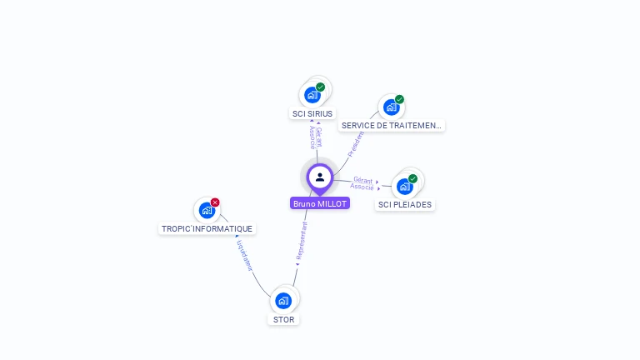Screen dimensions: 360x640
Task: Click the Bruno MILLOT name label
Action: coord(320,203)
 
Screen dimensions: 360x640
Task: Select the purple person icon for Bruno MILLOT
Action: coord(320,177)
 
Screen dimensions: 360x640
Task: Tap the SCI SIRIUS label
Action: coord(312,113)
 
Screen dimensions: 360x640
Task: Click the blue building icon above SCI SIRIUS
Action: coord(312,95)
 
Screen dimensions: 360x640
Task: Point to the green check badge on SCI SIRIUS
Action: coord(321,87)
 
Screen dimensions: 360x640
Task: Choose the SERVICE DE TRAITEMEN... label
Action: coord(391,125)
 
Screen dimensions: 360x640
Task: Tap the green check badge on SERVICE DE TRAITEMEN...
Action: coord(399,99)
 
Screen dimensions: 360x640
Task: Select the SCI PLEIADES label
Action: coord(406,204)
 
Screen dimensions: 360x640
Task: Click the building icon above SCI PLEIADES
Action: coord(405,187)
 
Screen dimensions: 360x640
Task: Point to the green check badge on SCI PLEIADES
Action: coord(412,178)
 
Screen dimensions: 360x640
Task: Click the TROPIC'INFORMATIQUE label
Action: coord(207,228)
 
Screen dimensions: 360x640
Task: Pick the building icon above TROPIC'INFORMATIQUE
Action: coord(207,211)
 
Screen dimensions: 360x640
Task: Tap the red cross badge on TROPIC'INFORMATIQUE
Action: coord(215,202)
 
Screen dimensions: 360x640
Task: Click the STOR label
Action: coord(283,319)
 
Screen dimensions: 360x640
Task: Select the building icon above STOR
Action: coord(283,301)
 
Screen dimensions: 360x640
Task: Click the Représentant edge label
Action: coord(302,242)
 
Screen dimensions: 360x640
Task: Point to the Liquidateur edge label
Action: coord(244,256)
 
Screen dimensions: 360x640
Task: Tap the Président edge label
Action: coord(356,143)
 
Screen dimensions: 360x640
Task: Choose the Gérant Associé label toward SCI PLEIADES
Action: coord(362,183)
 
